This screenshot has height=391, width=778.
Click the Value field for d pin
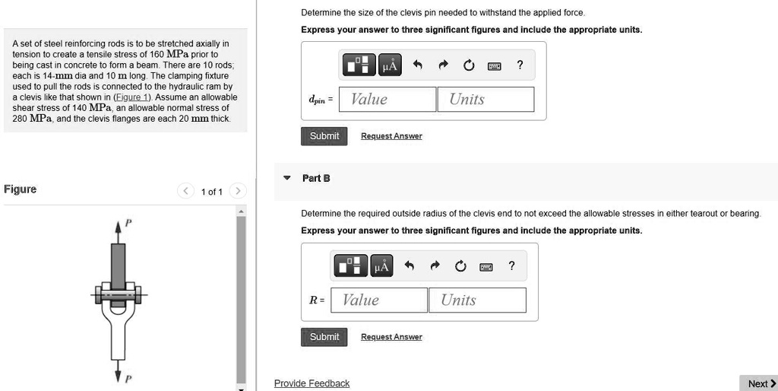(387, 100)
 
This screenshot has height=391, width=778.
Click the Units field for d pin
(485, 100)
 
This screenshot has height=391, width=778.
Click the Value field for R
(378, 300)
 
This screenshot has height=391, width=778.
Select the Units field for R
(476, 300)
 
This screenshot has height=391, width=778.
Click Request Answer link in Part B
(391, 337)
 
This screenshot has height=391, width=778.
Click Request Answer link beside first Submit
(391, 136)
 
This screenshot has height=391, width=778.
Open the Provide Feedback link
(312, 383)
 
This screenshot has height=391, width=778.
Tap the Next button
(761, 383)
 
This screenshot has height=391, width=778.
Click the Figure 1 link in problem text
(132, 97)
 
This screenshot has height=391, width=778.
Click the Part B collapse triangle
(286, 178)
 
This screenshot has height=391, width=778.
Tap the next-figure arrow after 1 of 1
(238, 191)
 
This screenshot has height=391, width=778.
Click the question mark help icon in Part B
(511, 266)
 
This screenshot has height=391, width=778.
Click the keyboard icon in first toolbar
(494, 65)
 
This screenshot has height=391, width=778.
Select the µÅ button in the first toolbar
(390, 65)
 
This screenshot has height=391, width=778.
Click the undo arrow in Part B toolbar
(409, 266)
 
